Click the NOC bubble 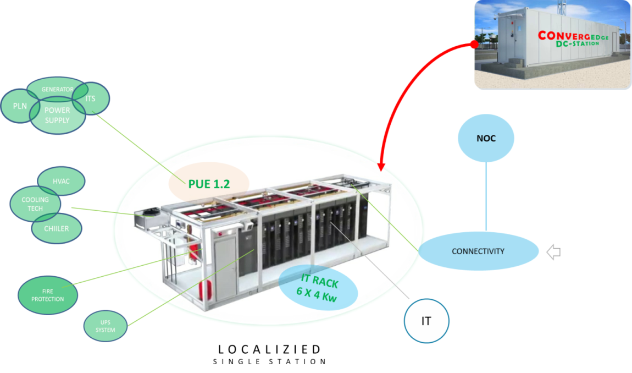486,139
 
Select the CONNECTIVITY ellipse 478,251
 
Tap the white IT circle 426,321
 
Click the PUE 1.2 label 209,184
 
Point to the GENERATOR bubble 57,89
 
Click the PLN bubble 20,106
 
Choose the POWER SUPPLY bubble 57,115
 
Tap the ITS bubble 91,98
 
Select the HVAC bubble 61,181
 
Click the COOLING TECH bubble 35,204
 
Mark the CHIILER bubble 57,228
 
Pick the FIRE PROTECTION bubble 48,295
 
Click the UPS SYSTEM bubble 106,326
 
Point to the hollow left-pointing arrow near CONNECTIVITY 553,253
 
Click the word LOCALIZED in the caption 269,349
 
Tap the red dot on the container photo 474,45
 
